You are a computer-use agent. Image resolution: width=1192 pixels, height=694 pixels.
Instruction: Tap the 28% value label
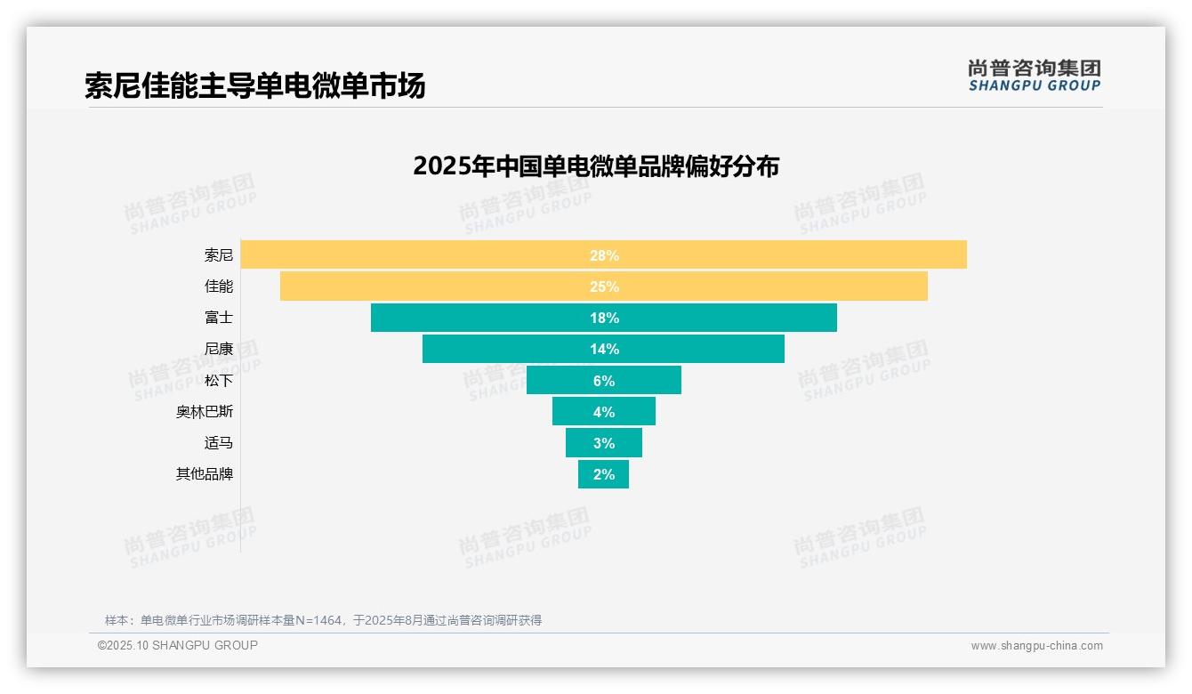604,255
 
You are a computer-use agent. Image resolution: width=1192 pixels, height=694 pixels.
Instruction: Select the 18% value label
604,318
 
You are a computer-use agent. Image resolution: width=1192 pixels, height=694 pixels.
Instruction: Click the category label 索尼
219,255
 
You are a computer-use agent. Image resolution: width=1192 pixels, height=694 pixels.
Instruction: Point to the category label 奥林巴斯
205,412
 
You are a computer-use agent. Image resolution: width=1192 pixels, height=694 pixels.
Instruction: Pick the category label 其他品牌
205,474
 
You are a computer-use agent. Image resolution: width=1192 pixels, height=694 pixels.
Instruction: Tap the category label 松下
219,380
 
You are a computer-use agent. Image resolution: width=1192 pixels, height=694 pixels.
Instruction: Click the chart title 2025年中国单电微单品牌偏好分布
596,166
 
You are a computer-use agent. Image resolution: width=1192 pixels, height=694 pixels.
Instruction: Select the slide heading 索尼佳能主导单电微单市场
255,85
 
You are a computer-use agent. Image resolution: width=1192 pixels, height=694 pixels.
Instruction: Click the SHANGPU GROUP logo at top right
1034,76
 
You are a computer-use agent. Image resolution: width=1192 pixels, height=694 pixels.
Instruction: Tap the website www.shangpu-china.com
1036,646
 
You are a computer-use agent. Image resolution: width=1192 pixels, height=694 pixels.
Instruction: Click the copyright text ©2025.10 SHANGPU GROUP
178,645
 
